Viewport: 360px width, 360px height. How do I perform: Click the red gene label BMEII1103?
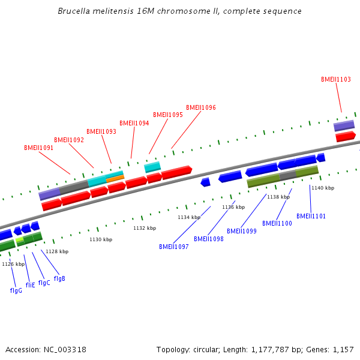[336, 79]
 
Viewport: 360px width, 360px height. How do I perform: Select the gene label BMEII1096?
[201, 108]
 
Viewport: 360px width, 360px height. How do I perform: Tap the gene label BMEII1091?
[39, 148]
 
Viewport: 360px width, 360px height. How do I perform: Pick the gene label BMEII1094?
[134, 124]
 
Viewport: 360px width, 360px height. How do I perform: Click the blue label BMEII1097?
[174, 247]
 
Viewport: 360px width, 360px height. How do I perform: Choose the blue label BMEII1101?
[311, 216]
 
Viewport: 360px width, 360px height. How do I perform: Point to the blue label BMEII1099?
[242, 231]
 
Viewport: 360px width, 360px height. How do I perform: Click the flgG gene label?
[16, 290]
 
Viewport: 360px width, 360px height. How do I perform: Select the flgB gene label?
[59, 278]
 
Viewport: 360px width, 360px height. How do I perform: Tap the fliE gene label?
[30, 285]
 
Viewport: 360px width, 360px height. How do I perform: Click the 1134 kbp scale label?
[189, 217]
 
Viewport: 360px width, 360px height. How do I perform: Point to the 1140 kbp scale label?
[323, 188]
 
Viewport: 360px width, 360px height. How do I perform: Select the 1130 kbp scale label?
[101, 239]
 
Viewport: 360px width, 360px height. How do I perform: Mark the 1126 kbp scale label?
[13, 264]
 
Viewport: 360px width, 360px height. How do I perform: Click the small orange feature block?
[115, 178]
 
